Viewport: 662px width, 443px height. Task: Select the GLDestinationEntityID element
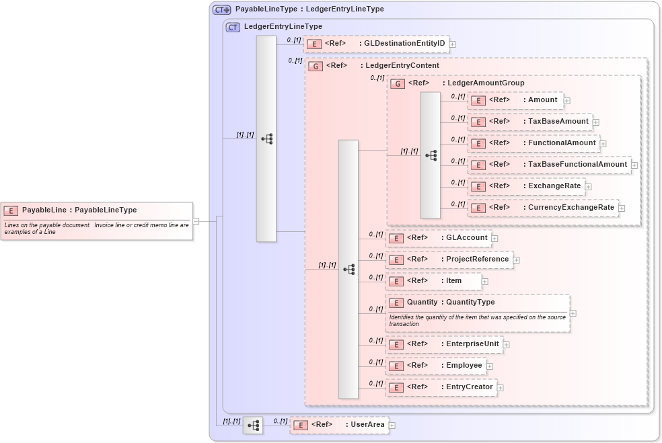[x=376, y=44]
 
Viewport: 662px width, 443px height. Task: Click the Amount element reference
[x=515, y=100]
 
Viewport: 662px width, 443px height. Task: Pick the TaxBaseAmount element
[x=529, y=122]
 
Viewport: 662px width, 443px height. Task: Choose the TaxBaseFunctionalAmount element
[x=549, y=165]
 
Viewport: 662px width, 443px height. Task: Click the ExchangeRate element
[x=526, y=186]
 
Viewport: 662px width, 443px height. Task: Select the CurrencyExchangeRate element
[x=542, y=208]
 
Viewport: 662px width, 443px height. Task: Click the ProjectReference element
[x=449, y=259]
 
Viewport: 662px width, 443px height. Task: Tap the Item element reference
[x=433, y=281]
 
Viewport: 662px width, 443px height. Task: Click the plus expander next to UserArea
[x=392, y=426]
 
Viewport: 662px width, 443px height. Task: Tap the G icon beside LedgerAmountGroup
[x=398, y=84]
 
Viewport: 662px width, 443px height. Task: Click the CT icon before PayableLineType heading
[x=222, y=10]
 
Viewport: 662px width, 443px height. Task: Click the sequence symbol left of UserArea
[x=253, y=426]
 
